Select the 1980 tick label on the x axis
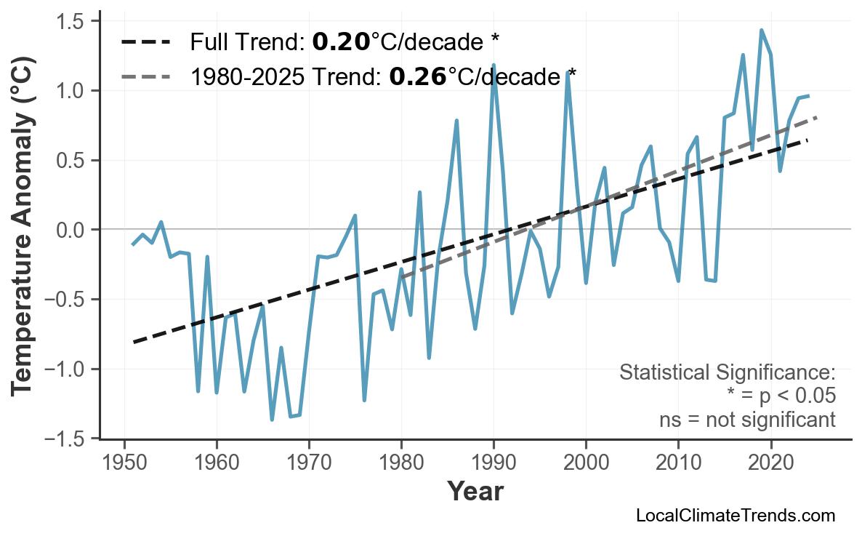[401, 463]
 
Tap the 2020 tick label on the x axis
[770, 463]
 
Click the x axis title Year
[475, 492]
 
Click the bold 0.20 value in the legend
[341, 42]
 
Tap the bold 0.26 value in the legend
[418, 76]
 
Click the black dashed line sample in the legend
[145, 42]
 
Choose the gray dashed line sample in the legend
[145, 76]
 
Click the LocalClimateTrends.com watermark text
[735, 516]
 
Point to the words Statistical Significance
[727, 373]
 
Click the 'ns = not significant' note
[747, 420]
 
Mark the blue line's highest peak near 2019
[761, 31]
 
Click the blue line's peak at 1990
[494, 65]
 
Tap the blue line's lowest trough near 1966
[273, 419]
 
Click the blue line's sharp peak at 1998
[568, 72]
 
